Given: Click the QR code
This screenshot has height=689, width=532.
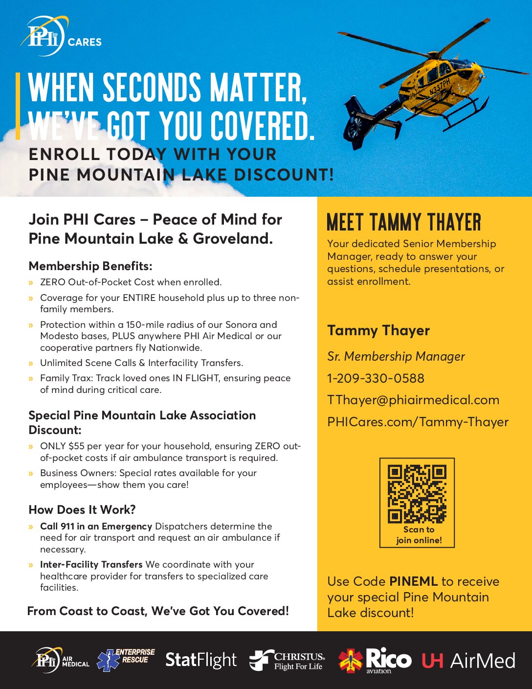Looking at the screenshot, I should tap(417, 494).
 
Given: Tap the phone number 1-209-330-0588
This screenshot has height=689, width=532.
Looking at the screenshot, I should tap(376, 378).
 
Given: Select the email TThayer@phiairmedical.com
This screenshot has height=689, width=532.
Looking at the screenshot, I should tap(413, 400).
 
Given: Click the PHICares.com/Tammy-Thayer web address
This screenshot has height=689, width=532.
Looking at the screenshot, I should tap(418, 422).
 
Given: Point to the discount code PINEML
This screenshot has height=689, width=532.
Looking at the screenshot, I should tap(413, 581).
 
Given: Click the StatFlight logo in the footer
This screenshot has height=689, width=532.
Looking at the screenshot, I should tap(200, 660).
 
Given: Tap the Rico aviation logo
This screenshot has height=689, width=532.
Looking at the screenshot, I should tap(375, 660).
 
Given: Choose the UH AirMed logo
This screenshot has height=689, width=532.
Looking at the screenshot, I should tap(468, 661).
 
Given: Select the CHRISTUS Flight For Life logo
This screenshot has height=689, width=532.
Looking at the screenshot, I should tap(287, 660).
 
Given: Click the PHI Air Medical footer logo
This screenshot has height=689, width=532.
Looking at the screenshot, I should tap(62, 660).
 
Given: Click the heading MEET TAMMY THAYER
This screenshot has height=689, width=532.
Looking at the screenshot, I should tap(403, 223).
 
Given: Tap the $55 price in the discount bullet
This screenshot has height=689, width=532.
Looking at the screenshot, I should tap(77, 446).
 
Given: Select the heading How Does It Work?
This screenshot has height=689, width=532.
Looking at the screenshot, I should tap(82, 509).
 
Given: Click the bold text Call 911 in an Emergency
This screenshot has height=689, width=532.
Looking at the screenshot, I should tap(96, 526).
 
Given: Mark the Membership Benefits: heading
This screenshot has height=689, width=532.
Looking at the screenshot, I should tap(90, 266).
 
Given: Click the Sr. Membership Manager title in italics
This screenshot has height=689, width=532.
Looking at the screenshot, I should tap(396, 356).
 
